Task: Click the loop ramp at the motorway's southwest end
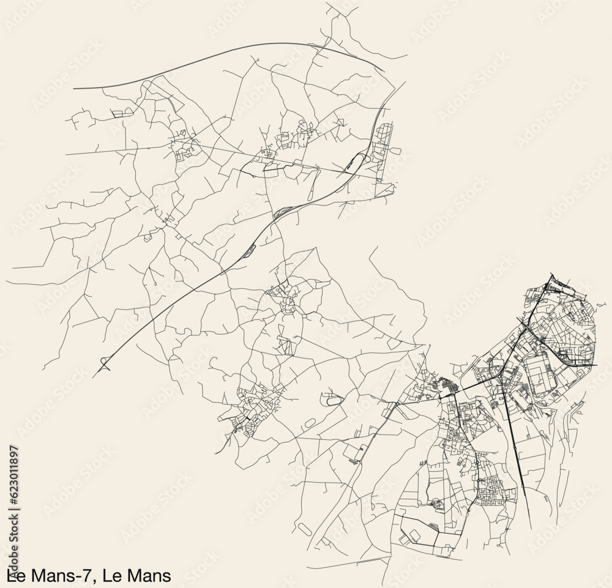(104, 366)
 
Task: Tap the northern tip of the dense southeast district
(550, 275)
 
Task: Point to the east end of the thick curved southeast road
(597, 365)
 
